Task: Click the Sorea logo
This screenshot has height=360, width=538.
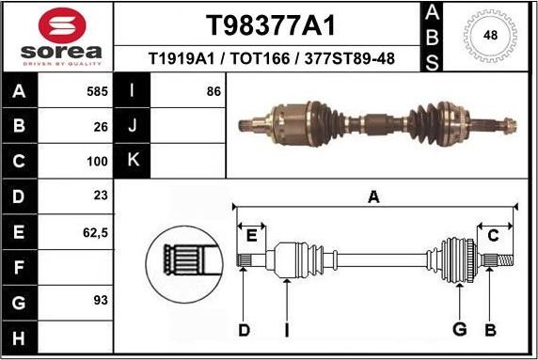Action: pyautogui.click(x=56, y=36)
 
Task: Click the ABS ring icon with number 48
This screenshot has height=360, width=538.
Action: pyautogui.click(x=489, y=36)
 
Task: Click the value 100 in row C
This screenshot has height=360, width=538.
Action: pyautogui.click(x=98, y=161)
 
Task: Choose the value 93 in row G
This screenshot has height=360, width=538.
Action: pyautogui.click(x=102, y=300)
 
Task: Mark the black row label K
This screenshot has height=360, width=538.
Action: pyautogui.click(x=132, y=161)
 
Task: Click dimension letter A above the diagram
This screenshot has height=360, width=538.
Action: pyautogui.click(x=373, y=196)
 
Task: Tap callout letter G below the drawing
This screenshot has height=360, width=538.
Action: pyautogui.click(x=459, y=329)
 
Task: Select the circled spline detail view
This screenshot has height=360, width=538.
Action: pyautogui.click(x=184, y=257)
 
